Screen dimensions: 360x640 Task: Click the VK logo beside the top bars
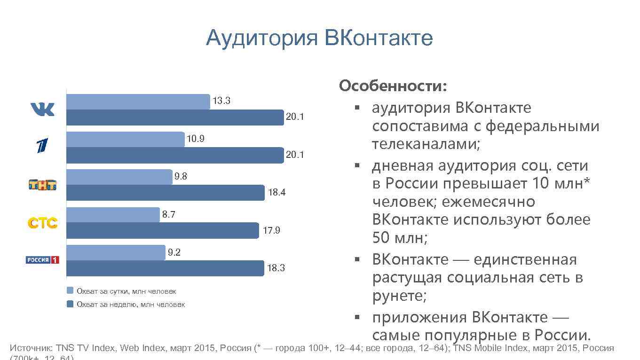coord(43,110)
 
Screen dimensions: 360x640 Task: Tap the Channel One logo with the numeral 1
coord(43,146)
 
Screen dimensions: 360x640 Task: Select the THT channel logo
coord(43,185)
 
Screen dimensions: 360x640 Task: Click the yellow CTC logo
coord(43,223)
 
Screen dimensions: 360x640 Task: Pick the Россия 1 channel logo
coord(43,260)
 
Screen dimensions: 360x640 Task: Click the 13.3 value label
coord(221,101)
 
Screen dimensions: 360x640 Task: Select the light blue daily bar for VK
coord(138,102)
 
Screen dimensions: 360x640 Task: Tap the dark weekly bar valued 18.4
coord(165,193)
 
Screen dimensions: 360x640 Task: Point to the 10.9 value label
coord(196,139)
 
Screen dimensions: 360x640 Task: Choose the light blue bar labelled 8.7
coord(113,215)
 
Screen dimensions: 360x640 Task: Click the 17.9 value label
coord(271,231)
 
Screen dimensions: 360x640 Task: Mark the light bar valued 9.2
coord(116,252)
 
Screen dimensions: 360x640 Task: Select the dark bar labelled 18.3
coord(165,268)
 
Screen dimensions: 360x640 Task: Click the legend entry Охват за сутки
coord(126,291)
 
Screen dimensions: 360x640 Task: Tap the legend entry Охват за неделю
coord(130,305)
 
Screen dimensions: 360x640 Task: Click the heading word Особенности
coord(393,86)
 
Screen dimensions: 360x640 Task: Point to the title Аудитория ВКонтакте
coord(319,38)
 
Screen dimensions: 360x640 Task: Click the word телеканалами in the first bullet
coord(426,144)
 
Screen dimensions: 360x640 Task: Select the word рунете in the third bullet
coord(399,296)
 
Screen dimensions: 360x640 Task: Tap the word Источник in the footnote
coord(31,348)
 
